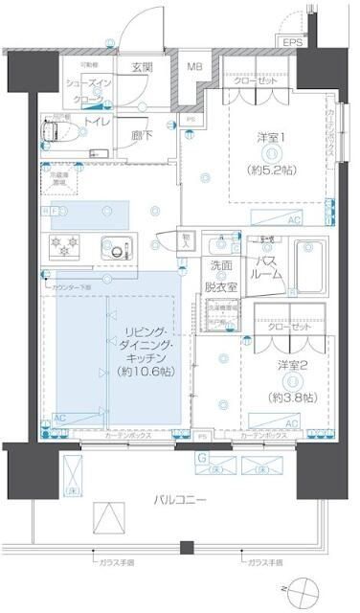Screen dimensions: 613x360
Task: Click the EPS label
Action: coord(289,41)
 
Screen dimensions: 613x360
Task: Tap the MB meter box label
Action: coord(194,66)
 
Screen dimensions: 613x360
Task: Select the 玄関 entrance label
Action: coord(142,66)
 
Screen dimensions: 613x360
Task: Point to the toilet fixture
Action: coord(59,126)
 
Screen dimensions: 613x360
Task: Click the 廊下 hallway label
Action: coord(141,135)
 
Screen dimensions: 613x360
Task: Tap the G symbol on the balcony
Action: coord(203,457)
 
